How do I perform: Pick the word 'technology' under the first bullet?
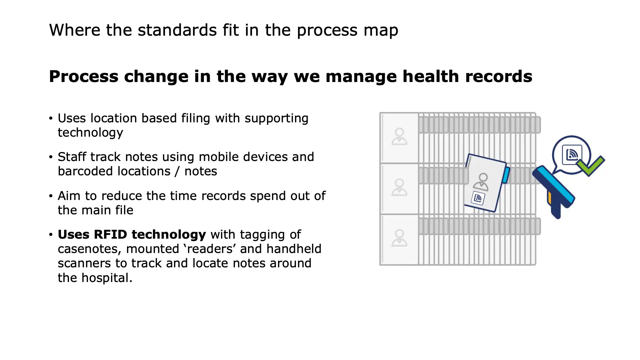click(90, 133)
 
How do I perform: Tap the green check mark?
click(590, 166)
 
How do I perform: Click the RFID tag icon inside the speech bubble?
click(572, 154)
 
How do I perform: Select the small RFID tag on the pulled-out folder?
click(478, 198)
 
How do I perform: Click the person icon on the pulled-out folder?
click(482, 182)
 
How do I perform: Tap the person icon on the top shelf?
click(399, 136)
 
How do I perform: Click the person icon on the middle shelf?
click(399, 187)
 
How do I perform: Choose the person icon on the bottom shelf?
click(399, 238)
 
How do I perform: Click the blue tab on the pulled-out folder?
click(506, 175)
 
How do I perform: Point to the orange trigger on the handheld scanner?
click(549, 197)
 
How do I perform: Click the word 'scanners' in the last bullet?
click(84, 263)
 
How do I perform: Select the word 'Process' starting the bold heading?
click(84, 76)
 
